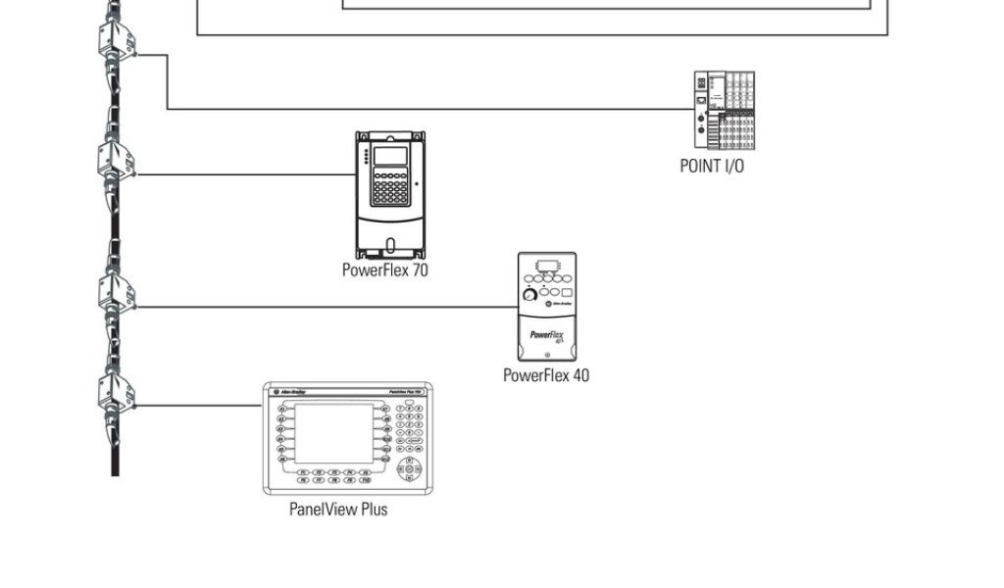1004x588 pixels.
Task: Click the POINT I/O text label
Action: coord(712,166)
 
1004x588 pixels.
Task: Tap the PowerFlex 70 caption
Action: coord(384,269)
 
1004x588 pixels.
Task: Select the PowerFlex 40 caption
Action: coord(546,374)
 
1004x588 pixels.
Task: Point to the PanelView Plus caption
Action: coord(338,509)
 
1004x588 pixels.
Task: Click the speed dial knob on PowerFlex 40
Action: coord(530,294)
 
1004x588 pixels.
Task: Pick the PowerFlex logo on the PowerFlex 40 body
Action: coord(546,335)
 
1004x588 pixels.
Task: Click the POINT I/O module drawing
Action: coord(725,110)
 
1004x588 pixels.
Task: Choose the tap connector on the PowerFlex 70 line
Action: coord(116,163)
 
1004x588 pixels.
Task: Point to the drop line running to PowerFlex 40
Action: coord(324,307)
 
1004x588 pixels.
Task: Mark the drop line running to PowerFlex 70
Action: coord(245,174)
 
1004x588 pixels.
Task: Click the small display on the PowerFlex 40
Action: coord(546,266)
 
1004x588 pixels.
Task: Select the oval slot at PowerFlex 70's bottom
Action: coord(390,245)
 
